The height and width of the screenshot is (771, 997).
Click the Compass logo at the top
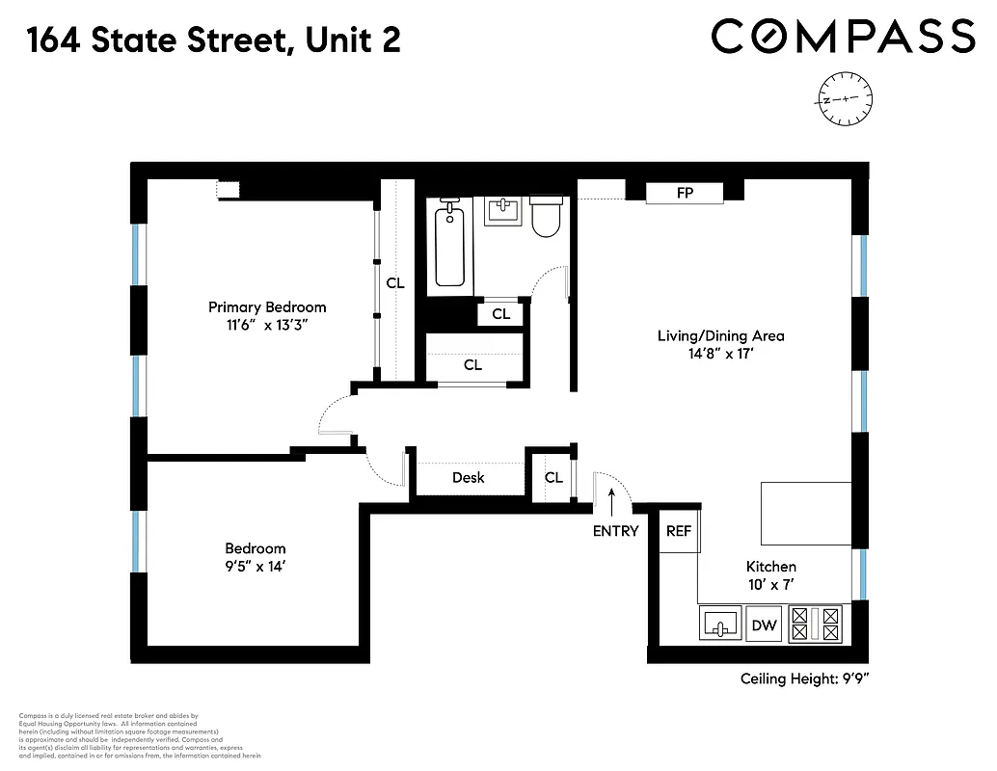(x=843, y=38)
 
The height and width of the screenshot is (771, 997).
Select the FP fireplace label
(x=685, y=193)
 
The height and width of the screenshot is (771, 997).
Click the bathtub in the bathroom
(x=449, y=244)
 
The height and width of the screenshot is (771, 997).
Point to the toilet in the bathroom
(x=546, y=216)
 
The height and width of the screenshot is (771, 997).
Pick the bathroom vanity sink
(x=501, y=210)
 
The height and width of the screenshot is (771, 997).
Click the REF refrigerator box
(x=679, y=531)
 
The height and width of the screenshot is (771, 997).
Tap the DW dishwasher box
(x=764, y=625)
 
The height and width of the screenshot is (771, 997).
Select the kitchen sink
(x=718, y=625)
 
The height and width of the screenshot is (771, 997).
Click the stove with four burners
(x=815, y=624)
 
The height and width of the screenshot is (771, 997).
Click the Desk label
(x=469, y=477)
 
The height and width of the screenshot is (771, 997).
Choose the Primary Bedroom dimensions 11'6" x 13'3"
(x=267, y=326)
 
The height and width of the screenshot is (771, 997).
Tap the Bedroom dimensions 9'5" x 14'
(x=256, y=567)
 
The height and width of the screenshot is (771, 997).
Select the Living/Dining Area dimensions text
(x=720, y=354)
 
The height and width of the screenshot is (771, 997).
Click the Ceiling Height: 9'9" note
(x=805, y=678)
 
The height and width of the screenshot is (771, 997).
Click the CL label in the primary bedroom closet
(x=395, y=283)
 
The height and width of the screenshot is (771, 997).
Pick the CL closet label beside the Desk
(x=553, y=477)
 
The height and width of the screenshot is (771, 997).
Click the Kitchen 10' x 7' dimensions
(x=770, y=584)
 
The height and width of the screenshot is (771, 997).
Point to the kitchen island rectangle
(x=805, y=514)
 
